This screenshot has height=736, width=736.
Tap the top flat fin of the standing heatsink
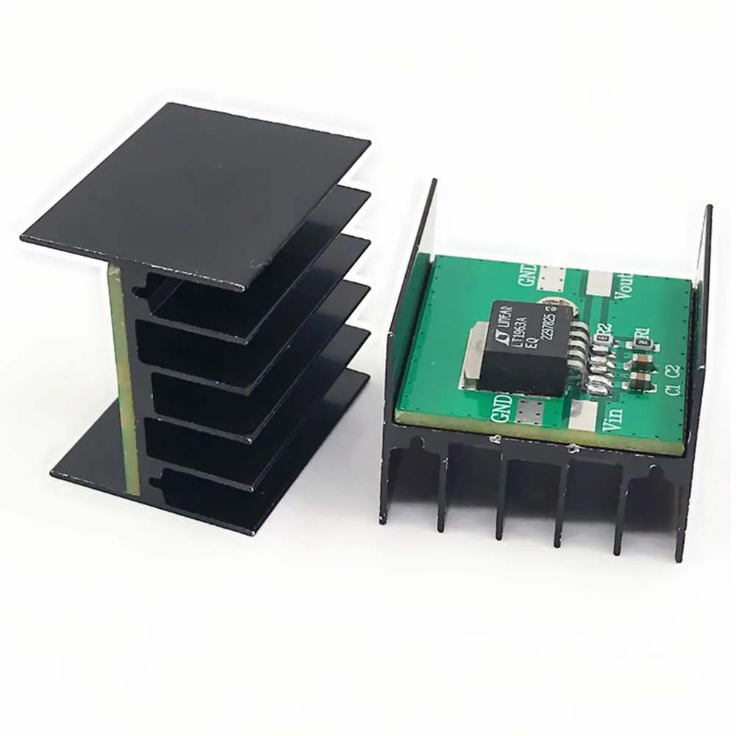click(191, 191)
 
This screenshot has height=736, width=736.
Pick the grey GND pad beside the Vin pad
click(530, 413)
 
